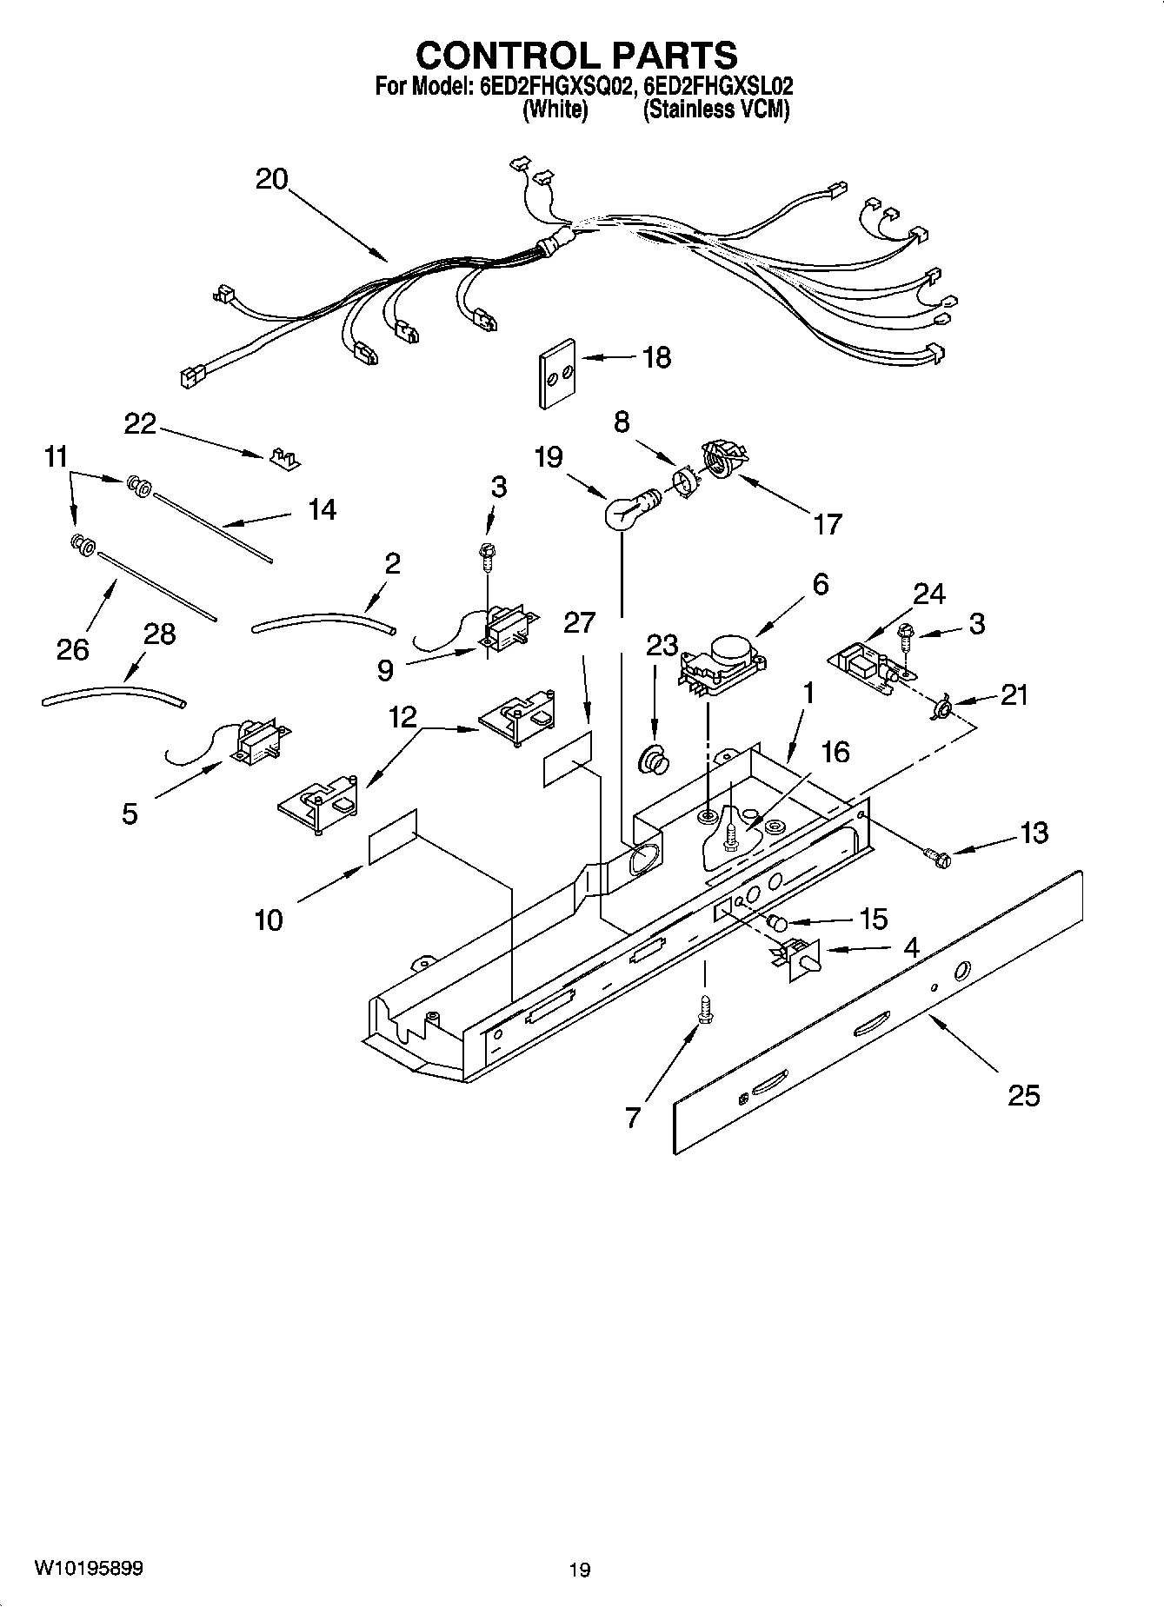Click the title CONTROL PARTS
576,56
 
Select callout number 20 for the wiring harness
271,180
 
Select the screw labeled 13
941,858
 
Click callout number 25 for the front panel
1023,1096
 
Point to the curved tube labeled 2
323,621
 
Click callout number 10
269,920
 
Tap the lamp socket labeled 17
723,458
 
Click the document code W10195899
89,1569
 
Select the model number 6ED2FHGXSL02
718,87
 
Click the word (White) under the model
555,110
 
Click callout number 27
579,623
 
